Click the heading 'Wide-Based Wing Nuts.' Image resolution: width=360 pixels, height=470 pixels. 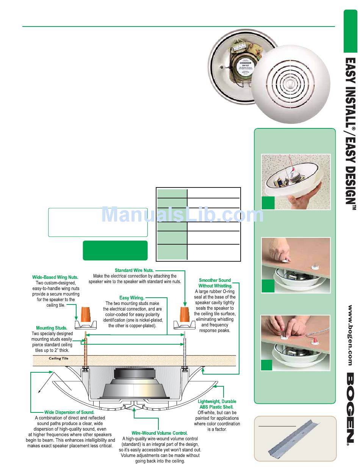point(55,277)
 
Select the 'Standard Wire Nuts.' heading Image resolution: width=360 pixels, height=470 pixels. point(134,270)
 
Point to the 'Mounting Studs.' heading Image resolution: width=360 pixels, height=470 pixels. point(52,328)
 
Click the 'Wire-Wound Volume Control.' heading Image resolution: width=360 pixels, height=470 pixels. point(160,433)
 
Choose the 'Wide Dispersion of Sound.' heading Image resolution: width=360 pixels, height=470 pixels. point(69,412)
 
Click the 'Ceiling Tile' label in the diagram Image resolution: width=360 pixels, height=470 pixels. point(58,358)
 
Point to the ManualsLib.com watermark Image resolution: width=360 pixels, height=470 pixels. point(182,215)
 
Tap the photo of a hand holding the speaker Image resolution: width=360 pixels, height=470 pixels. point(296,182)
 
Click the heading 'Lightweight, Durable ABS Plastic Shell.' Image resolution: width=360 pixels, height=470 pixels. point(217,404)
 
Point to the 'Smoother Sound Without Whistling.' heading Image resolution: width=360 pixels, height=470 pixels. point(215,283)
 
